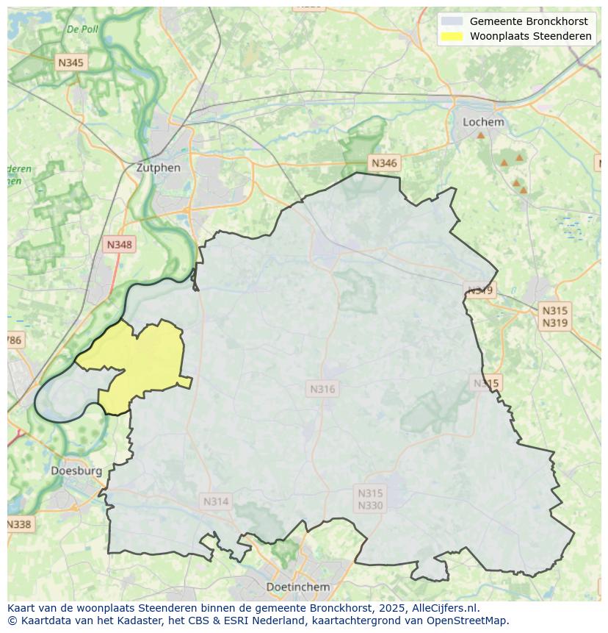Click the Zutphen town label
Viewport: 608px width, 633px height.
point(158,168)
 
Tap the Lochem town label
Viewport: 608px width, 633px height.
point(483,122)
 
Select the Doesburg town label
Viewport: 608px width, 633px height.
point(76,471)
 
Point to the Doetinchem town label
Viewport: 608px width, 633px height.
point(297,587)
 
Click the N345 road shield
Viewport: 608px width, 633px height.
point(70,62)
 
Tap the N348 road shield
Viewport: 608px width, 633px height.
point(120,245)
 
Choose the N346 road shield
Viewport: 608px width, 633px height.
point(384,163)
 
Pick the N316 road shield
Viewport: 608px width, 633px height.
point(322,389)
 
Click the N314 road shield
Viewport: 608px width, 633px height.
point(216,501)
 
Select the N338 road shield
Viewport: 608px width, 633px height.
point(19,524)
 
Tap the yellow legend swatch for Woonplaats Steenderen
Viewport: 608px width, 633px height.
point(452,36)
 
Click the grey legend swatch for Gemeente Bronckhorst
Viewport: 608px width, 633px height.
point(452,21)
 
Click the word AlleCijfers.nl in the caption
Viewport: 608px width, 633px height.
point(445,608)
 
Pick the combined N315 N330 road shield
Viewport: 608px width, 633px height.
point(370,499)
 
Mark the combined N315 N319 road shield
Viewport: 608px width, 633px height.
point(554,316)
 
